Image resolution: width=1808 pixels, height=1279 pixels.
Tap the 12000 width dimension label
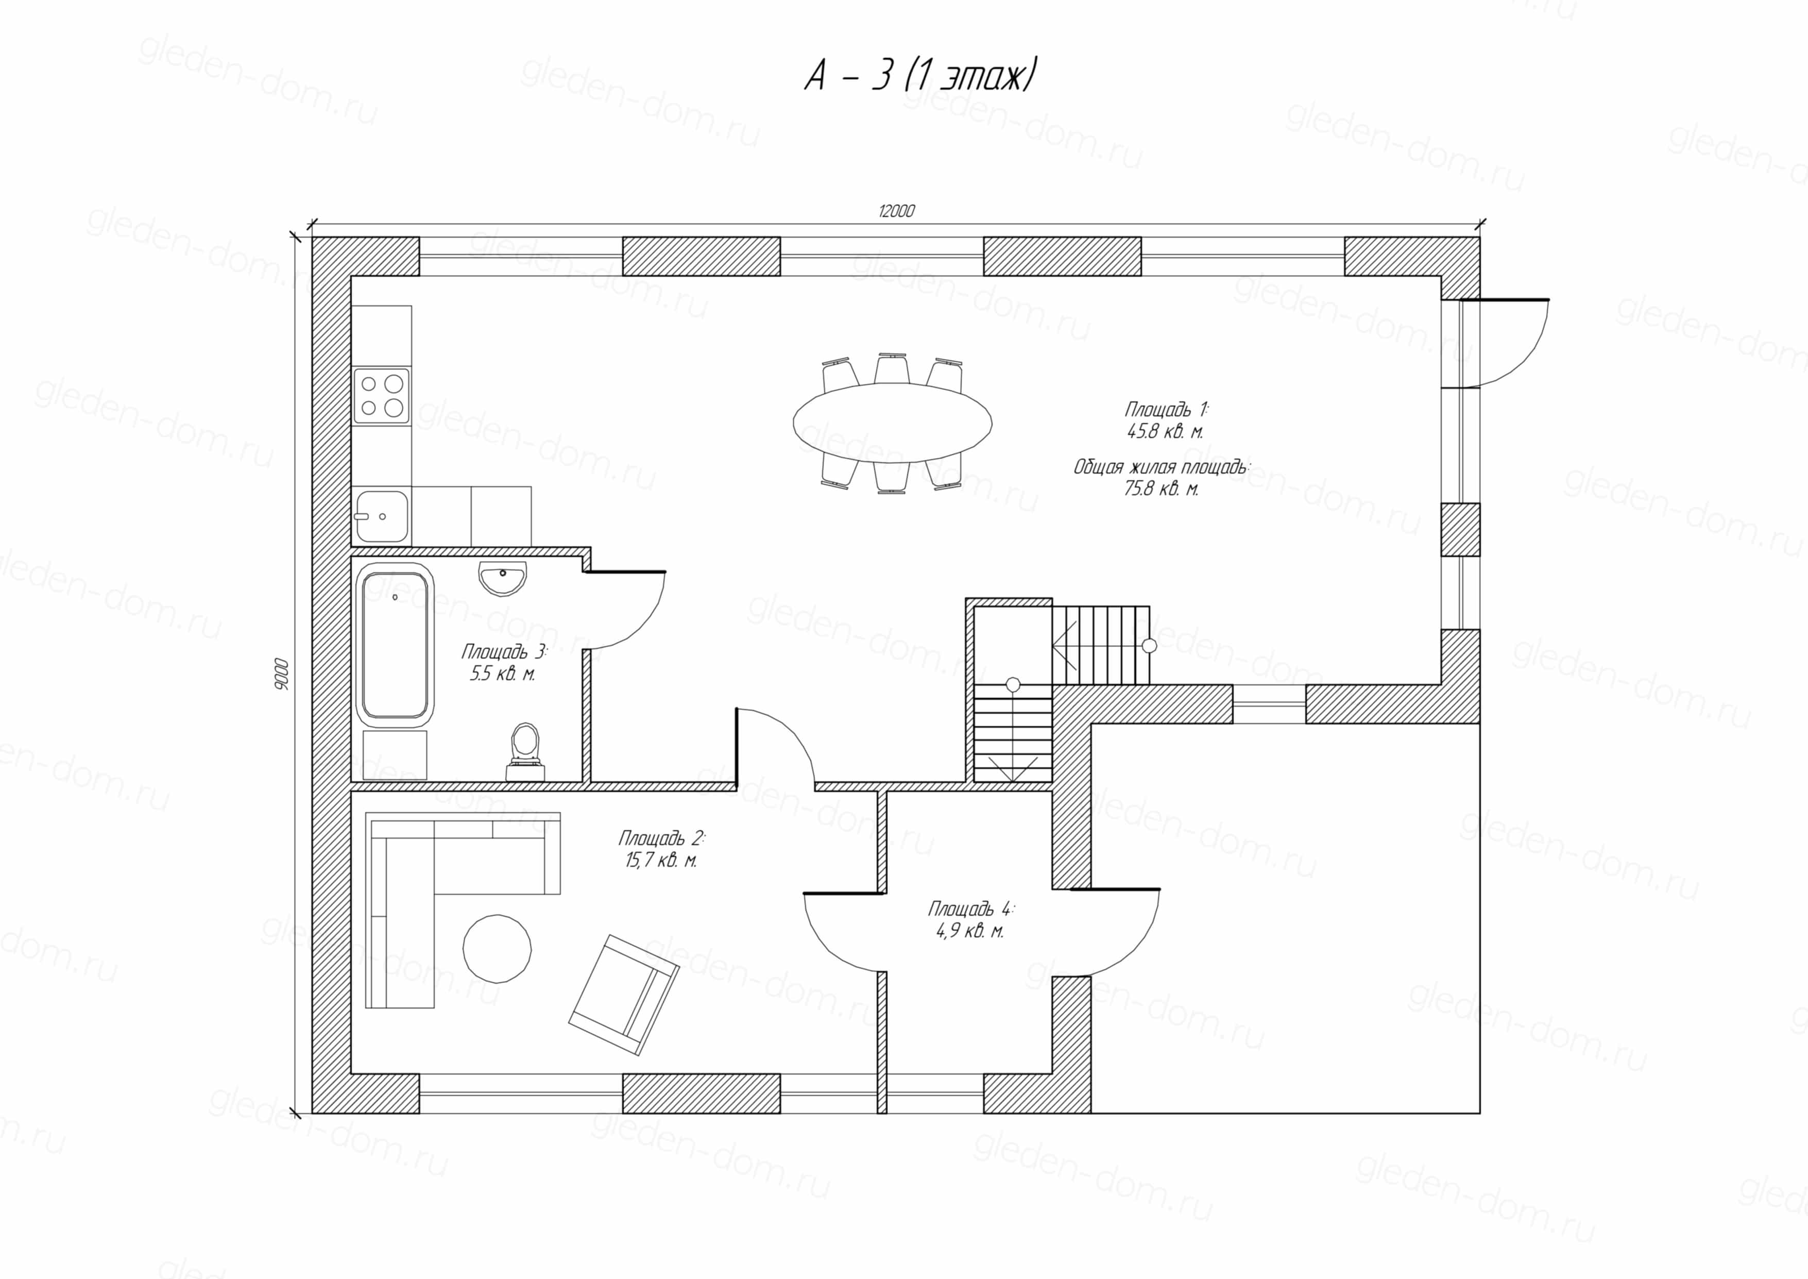(896, 211)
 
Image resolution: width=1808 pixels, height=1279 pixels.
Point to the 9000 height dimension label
(282, 674)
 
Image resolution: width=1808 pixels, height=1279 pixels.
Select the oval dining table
(892, 423)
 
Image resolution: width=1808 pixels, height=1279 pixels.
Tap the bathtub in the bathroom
(395, 644)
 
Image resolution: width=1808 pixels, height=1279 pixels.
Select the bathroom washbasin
(502, 577)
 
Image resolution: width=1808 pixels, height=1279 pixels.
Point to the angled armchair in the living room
(624, 995)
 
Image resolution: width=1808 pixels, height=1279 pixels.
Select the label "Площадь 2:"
(661, 837)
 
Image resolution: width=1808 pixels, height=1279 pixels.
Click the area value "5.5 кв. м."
(502, 674)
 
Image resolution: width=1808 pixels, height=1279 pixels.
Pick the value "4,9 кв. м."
(969, 931)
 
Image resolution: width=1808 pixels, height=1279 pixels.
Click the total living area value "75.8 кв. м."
(1161, 489)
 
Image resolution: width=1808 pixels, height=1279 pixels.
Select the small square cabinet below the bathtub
(395, 754)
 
